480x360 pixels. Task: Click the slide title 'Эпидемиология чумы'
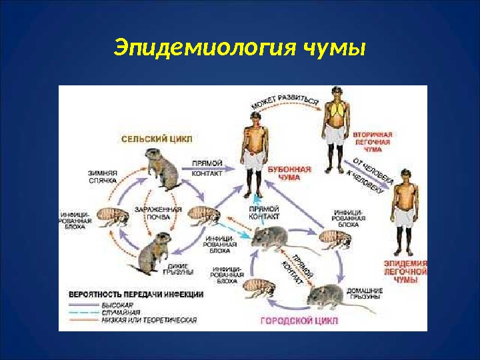click(240, 48)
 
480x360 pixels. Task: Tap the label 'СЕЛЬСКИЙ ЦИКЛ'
click(157, 139)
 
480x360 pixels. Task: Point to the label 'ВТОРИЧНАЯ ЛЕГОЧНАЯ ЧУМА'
click(372, 142)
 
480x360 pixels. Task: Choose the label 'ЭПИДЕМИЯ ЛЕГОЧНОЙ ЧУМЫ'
click(406, 272)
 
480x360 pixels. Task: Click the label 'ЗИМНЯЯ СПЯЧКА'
click(103, 176)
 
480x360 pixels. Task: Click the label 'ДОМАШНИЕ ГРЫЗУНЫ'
click(364, 294)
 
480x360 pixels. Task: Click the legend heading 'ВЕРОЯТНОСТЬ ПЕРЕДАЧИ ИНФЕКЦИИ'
click(137, 294)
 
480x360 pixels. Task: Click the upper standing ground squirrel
click(163, 169)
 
